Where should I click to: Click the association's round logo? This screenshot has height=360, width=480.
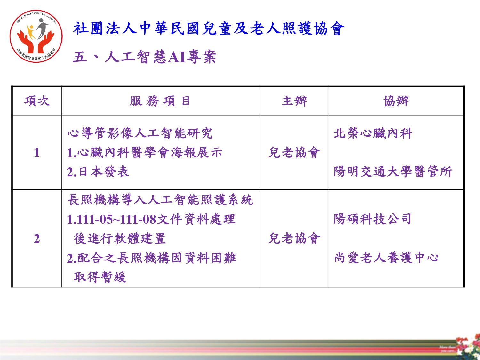point(36,36)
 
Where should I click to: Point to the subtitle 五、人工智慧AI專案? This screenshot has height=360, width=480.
point(144,56)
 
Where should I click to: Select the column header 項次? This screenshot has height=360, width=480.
point(37,101)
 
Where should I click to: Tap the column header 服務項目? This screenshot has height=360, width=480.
point(160,101)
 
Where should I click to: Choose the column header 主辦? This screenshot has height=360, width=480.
point(294,101)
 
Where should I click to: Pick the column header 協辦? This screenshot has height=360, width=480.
point(396,101)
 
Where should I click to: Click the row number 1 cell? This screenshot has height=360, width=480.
point(37,153)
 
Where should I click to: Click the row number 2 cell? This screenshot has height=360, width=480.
point(37,238)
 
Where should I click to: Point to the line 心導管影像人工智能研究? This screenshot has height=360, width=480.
point(140,133)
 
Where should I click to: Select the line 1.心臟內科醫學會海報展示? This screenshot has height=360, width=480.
point(145,152)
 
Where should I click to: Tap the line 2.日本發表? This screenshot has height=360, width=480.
point(98,172)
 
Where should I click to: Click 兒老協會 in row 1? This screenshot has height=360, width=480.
point(294,152)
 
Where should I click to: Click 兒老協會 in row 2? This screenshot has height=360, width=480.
point(294,238)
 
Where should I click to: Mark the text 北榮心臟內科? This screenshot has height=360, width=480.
point(373,133)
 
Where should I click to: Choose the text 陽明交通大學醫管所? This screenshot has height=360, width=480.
point(393,172)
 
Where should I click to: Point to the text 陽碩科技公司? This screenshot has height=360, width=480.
point(372,219)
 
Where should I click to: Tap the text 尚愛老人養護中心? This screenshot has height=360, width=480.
point(386,257)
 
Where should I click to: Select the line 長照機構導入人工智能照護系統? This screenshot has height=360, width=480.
point(160,200)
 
